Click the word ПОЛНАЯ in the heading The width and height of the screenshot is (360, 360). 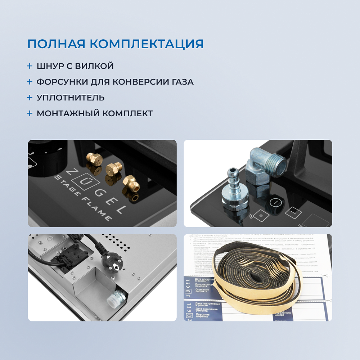click(55, 44)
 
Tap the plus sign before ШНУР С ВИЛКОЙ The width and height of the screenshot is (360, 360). click(30, 66)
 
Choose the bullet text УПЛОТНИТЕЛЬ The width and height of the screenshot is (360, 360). click(71, 98)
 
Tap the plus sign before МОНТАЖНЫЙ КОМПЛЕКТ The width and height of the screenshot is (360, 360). click(30, 113)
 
